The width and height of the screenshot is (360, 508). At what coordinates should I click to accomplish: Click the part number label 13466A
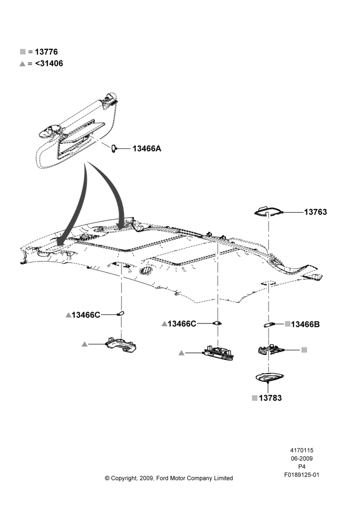[x=146, y=149]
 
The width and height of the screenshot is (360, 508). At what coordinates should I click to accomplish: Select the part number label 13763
[x=315, y=212]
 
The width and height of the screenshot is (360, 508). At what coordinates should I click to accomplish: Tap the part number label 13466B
[x=305, y=324]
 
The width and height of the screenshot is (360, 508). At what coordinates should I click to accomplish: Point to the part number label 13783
[x=270, y=398]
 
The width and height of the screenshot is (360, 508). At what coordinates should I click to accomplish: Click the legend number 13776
[x=46, y=52]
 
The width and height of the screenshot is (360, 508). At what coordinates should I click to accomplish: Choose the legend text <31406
[x=49, y=63]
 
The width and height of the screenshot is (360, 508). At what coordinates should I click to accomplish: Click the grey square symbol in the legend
[x=23, y=52]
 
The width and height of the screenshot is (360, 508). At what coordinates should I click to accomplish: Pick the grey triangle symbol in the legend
[x=22, y=64]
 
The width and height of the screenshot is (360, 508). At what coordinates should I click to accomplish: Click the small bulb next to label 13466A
[x=113, y=149]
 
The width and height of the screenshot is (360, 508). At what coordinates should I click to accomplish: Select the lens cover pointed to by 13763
[x=268, y=211]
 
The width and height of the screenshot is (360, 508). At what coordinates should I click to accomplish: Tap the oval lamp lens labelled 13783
[x=269, y=377]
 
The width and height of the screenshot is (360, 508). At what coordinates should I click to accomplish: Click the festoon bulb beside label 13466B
[x=269, y=325]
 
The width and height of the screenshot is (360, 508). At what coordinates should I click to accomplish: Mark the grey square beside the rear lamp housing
[x=304, y=350]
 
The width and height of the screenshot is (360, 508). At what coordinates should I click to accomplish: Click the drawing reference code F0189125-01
[x=302, y=475]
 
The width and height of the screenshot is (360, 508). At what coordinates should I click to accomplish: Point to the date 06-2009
[x=302, y=458]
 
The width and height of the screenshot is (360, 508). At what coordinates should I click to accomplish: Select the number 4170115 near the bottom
[x=302, y=450]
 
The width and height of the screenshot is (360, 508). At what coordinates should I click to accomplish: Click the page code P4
[x=302, y=467]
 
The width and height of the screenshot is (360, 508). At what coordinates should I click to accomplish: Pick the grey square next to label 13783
[x=255, y=398]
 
